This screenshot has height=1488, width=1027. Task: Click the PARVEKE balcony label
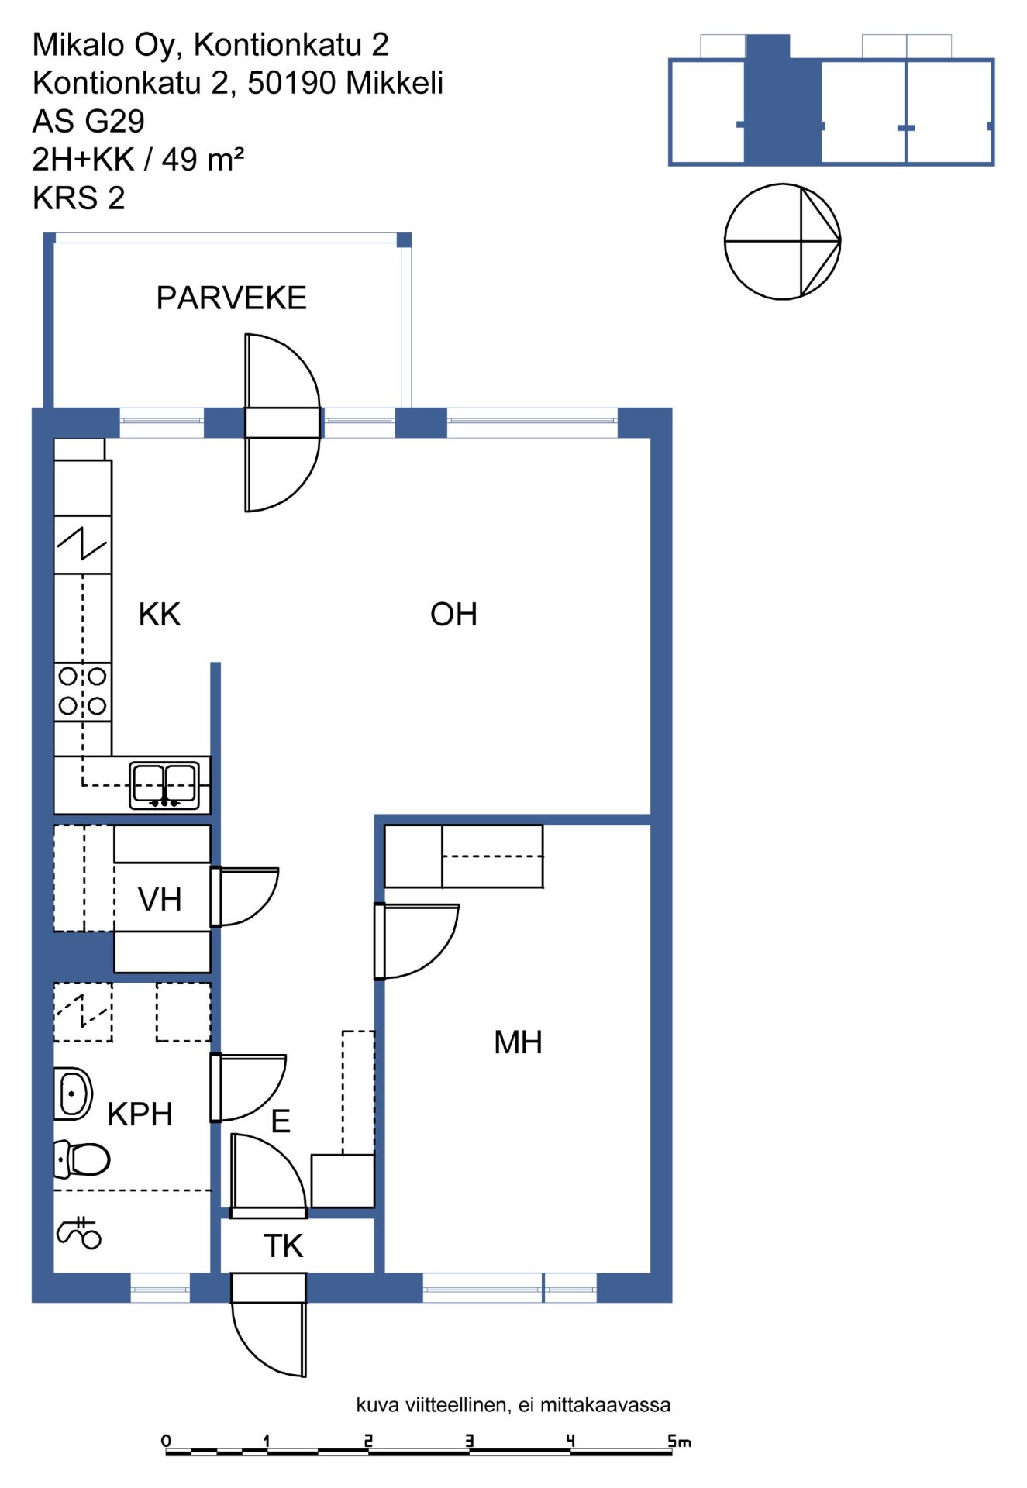[231, 298]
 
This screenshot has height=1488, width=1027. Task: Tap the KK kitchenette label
[159, 615]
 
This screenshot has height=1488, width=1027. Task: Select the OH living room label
[453, 615]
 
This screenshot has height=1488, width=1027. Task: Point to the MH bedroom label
[518, 1042]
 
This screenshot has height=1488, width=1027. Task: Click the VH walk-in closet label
[160, 900]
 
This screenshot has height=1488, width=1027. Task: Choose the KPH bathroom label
[140, 1114]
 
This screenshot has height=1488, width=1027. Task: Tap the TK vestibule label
[283, 1246]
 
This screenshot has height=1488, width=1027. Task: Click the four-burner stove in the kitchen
[83, 691]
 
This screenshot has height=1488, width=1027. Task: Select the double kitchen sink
[164, 785]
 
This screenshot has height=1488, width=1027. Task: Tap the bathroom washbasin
[73, 1094]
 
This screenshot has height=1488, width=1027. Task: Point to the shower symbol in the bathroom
[79, 1233]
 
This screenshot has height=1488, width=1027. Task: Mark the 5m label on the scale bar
[680, 1441]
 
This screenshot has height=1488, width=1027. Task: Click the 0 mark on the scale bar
[166, 1441]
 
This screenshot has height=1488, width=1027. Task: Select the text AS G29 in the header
[88, 122]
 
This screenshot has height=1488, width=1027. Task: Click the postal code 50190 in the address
[292, 83]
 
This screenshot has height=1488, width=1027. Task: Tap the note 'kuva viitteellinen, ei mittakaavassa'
[513, 1405]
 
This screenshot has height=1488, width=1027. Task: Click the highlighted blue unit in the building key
[783, 99]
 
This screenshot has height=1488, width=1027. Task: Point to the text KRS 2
[78, 198]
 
